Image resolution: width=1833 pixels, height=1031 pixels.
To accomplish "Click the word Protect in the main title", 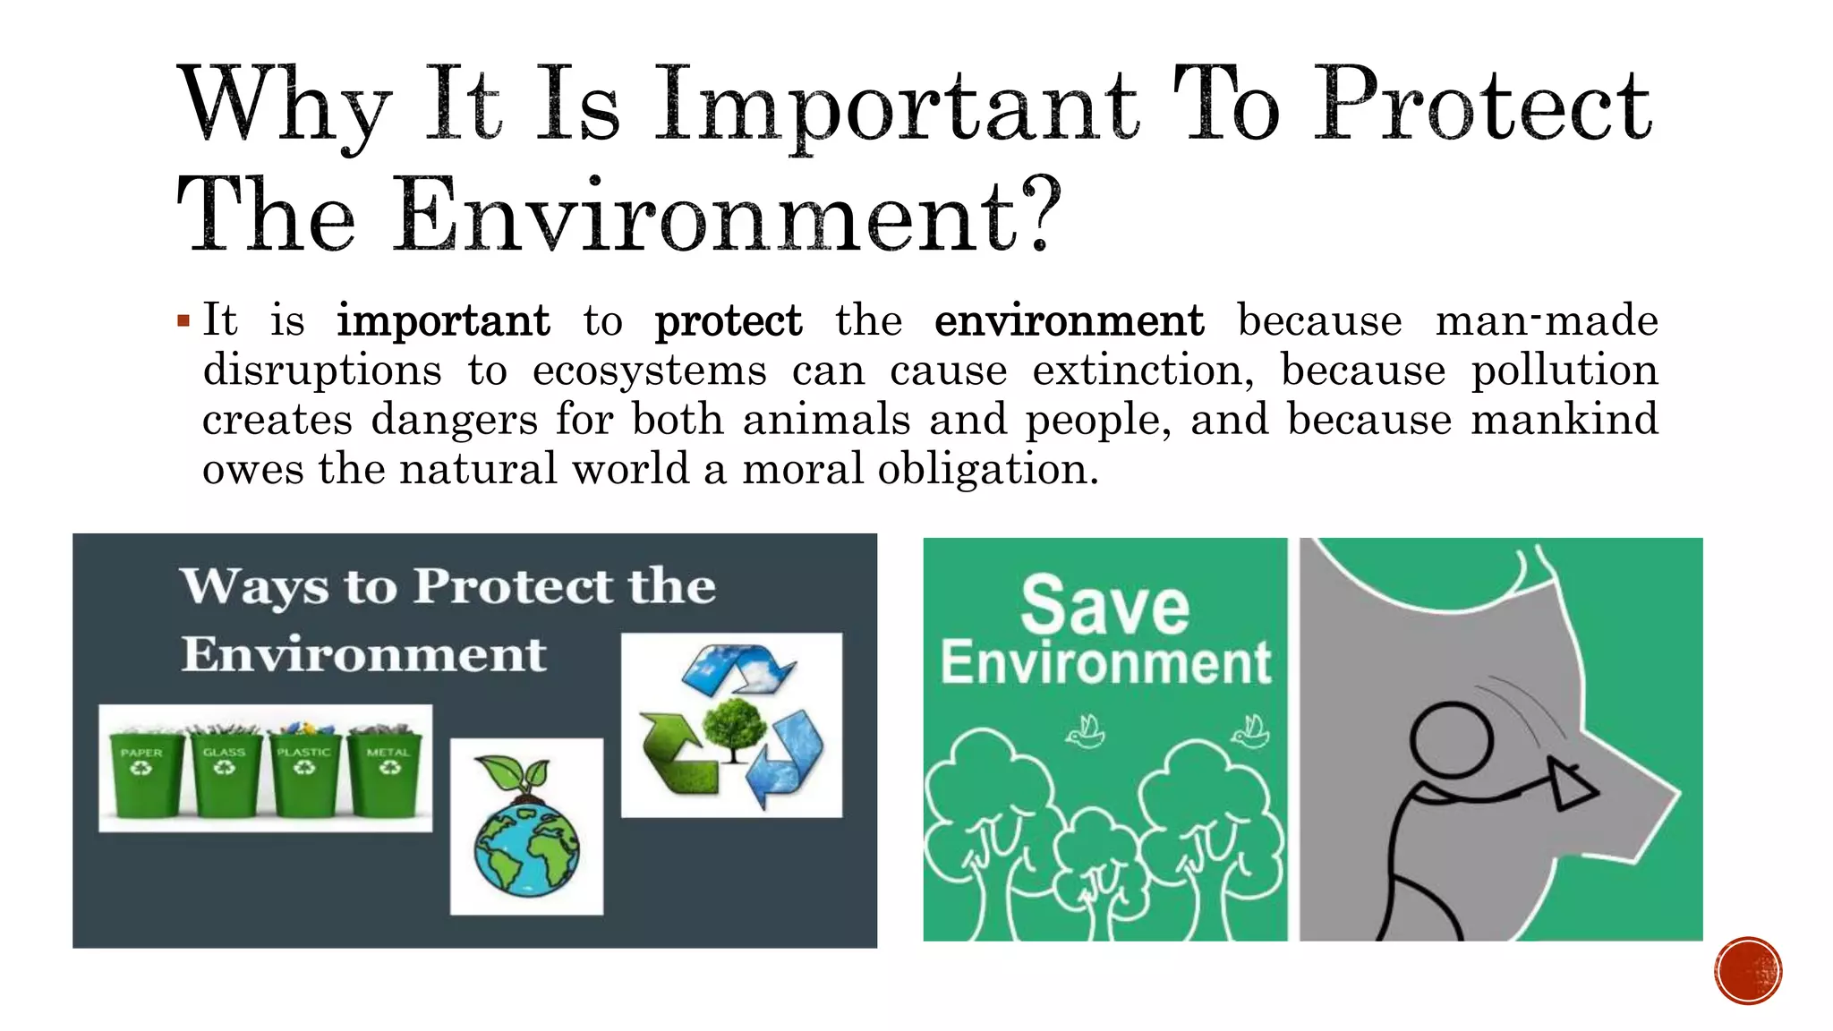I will tap(1481, 106).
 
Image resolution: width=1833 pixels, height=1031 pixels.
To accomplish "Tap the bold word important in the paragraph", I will tap(443, 321).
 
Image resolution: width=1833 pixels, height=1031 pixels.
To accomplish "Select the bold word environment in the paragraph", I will tap(1069, 321).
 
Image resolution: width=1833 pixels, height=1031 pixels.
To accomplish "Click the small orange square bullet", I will tap(183, 320).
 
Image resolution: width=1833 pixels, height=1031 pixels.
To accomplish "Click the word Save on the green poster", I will tap(1105, 606).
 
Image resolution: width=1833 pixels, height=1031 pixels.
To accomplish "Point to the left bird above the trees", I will tap(1086, 732).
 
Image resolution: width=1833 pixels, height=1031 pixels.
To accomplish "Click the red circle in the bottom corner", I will tap(1748, 970).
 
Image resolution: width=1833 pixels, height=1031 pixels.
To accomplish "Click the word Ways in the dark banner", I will tap(254, 587).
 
